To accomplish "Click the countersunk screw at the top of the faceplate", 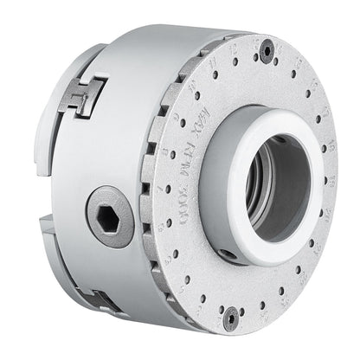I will tap(267, 50).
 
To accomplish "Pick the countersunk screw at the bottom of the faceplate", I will tap(230, 317).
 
